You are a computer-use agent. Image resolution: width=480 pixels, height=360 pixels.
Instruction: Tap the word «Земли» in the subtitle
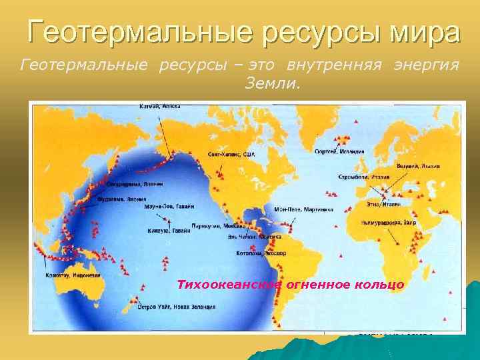pos(273,85)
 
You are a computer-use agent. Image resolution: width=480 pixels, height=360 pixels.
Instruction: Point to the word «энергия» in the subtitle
pos(427,65)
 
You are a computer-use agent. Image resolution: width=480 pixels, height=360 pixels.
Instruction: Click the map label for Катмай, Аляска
pos(159,106)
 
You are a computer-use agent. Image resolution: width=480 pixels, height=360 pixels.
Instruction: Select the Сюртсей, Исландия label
pos(339,151)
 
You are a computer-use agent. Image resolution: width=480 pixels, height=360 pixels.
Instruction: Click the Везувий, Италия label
pos(419,165)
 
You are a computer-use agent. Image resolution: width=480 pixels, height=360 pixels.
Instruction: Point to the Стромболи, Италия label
pos(360,179)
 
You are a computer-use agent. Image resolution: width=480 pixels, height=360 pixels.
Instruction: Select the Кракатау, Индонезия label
pos(73,275)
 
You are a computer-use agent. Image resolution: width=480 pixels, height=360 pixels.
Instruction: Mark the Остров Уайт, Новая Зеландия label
pos(176,307)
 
